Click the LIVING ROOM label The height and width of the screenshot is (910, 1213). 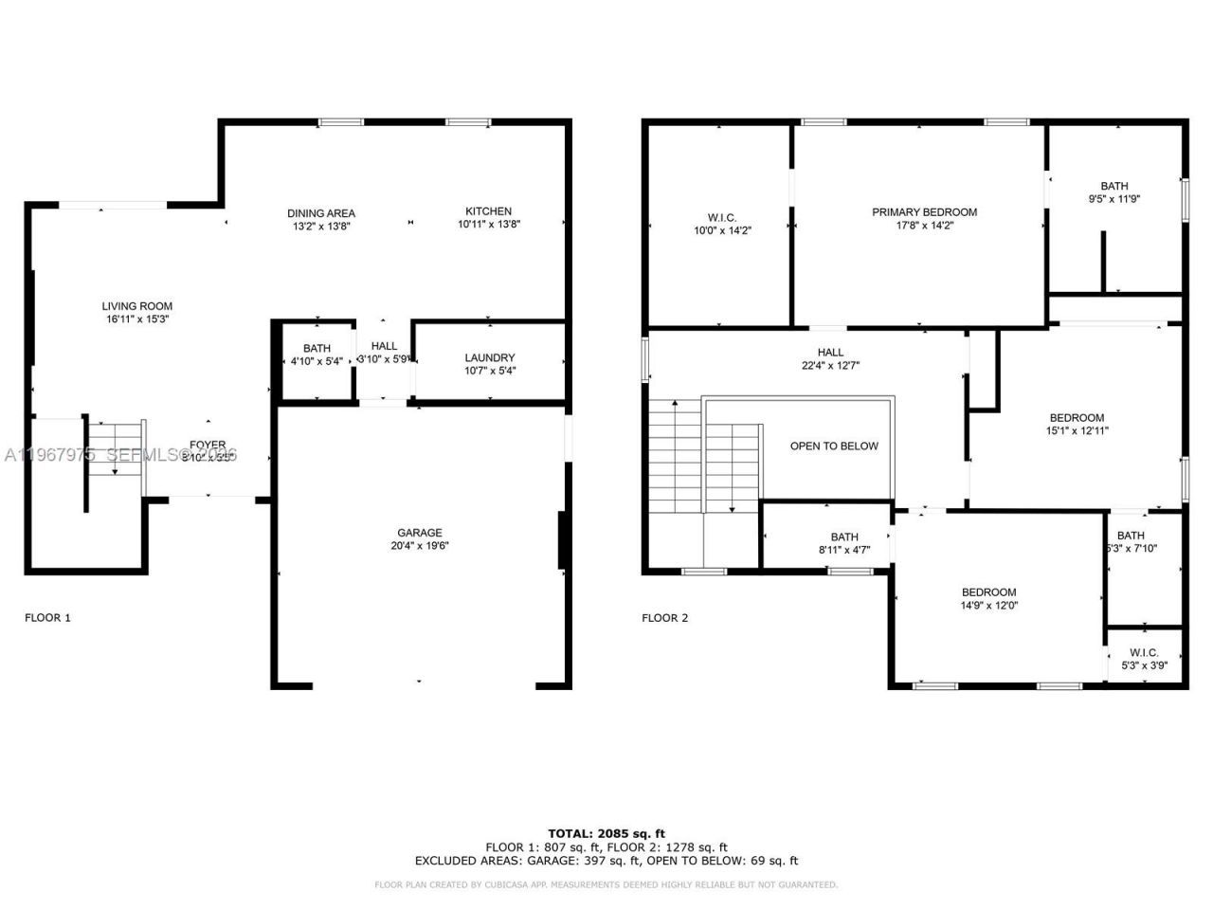coord(137,306)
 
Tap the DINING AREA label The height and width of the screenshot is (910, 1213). coord(321,213)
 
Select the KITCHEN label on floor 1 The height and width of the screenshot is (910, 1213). coord(488,211)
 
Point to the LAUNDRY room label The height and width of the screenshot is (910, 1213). coord(490,357)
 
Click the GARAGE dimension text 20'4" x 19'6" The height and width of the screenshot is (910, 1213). coord(420,546)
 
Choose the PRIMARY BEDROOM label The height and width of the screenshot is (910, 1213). coord(924,212)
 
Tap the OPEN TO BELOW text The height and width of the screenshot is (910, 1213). coord(834,446)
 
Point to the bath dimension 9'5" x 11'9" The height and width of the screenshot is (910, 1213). coord(1114,199)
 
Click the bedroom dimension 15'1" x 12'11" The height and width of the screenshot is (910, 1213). coord(1077,430)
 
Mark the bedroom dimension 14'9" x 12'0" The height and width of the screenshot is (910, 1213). coord(988,605)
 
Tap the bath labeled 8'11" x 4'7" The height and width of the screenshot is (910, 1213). coord(844,543)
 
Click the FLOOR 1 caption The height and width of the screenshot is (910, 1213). coord(47,618)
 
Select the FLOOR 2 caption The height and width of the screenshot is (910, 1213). coord(665,618)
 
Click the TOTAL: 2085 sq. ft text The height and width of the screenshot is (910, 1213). coord(606,834)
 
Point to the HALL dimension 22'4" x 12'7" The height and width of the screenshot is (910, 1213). coord(830,365)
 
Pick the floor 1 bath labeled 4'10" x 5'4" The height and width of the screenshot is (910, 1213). coord(317,355)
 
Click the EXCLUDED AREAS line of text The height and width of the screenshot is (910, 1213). coord(606,861)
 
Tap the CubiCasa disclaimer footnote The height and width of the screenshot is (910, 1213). coord(606,884)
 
